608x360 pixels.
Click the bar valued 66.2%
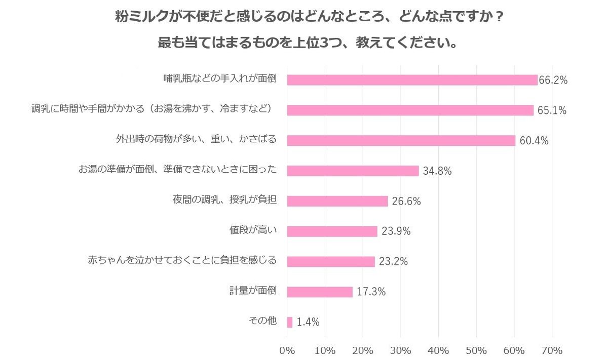click(412, 80)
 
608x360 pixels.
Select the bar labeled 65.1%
click(410, 110)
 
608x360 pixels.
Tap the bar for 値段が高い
click(332, 231)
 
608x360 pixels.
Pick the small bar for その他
click(290, 322)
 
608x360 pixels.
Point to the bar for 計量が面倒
click(320, 292)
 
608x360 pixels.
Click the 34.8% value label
click(437, 171)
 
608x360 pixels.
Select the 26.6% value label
click(406, 202)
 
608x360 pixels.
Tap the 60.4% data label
click(534, 141)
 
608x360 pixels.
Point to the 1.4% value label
click(308, 322)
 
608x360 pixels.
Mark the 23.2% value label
click(393, 262)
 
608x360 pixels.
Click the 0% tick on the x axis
click(287, 350)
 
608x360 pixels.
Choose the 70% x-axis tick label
click(552, 350)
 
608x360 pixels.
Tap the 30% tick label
click(401, 350)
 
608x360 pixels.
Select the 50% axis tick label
click(476, 350)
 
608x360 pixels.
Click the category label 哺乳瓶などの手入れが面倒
click(220, 79)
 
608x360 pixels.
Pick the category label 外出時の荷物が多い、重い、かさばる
click(196, 139)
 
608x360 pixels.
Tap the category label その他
click(262, 321)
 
